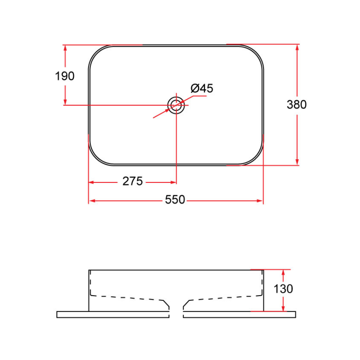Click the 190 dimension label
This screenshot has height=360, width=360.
pos(65,76)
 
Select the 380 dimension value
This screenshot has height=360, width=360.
pos(296,104)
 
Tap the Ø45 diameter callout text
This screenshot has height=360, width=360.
pos(202,88)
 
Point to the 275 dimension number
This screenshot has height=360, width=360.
pos(132,182)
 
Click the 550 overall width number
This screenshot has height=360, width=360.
pos(175,200)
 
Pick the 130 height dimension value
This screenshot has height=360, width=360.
pos(284,289)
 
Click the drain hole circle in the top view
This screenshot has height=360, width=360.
pos(176,105)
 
